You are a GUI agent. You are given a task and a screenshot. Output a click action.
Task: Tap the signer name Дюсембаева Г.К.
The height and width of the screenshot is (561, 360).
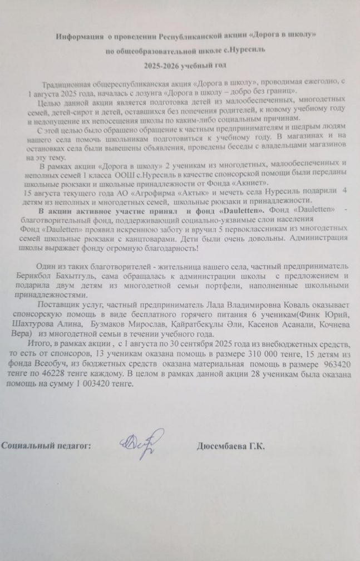tap(230, 447)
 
